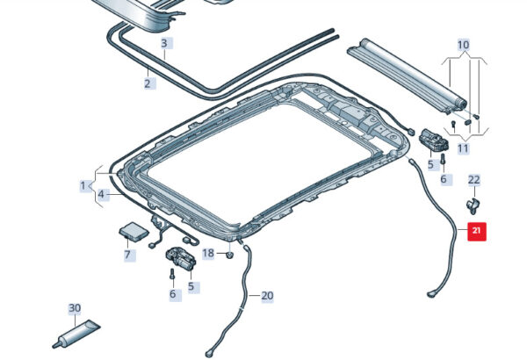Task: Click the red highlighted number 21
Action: tap(476, 232)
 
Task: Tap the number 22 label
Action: tap(473, 180)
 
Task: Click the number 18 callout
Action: tap(208, 254)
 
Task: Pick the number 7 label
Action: tap(127, 256)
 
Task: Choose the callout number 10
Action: tap(463, 44)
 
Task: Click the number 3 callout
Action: tap(163, 43)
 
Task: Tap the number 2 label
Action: tap(147, 84)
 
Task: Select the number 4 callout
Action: tap(102, 194)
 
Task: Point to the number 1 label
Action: tap(83, 185)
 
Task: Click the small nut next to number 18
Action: tap(228, 255)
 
